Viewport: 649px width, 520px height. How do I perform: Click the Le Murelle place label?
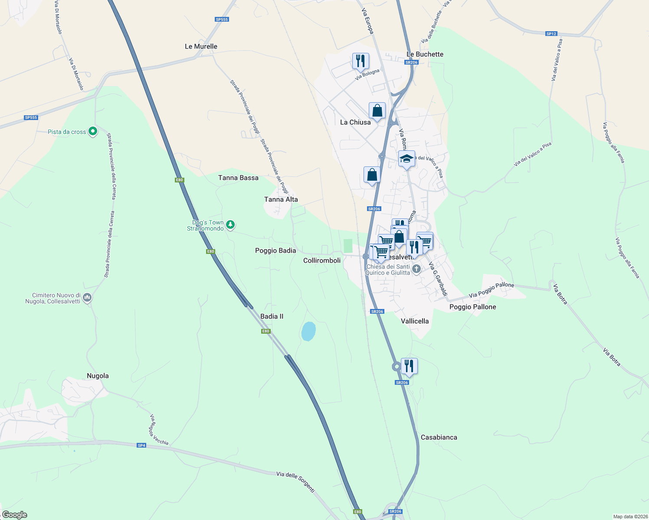201,46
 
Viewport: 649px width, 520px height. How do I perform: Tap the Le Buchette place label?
425,54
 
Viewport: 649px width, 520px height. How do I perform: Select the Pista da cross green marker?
92,131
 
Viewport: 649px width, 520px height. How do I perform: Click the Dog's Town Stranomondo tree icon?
231,224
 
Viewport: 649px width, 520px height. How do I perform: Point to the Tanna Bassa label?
238,178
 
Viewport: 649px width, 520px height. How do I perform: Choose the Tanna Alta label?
281,199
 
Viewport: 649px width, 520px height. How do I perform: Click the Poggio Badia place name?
275,250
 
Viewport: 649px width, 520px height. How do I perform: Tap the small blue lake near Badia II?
308,331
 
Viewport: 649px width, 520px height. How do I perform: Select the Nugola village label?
98,376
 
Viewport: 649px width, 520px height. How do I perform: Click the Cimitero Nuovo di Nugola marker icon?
88,298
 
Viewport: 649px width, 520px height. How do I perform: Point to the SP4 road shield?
141,445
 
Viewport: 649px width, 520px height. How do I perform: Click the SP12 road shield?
551,34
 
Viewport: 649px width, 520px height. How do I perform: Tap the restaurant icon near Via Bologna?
360,61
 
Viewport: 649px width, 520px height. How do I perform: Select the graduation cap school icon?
406,159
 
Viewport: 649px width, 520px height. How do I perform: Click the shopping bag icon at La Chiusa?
377,111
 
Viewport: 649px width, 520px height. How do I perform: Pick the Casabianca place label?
439,437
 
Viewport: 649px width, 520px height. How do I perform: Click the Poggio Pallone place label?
472,307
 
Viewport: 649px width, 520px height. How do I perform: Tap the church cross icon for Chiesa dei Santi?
416,269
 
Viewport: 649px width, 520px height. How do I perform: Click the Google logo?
15,514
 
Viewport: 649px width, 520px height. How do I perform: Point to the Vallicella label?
415,321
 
